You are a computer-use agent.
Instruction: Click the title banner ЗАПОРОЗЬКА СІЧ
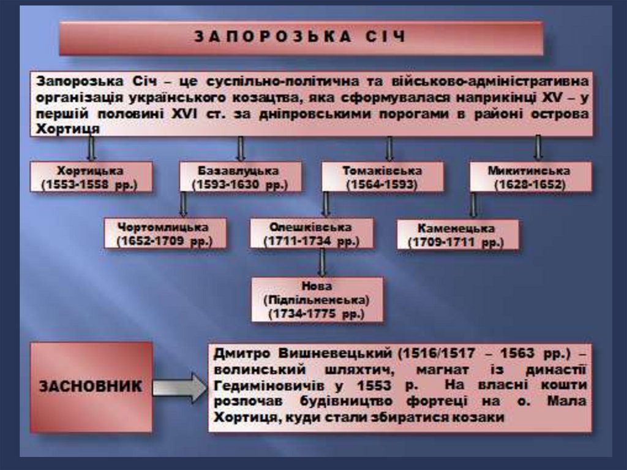(x=301, y=38)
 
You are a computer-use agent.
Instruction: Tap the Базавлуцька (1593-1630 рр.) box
(x=239, y=177)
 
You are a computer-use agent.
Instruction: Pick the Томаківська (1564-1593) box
(x=381, y=177)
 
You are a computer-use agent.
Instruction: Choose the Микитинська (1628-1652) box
(x=530, y=177)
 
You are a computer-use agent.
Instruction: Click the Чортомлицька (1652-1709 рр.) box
(x=164, y=233)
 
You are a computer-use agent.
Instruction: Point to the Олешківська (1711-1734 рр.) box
(x=311, y=233)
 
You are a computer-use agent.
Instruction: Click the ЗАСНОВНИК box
(x=91, y=387)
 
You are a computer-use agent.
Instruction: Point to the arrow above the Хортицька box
(x=91, y=148)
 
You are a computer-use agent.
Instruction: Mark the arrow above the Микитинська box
(x=538, y=148)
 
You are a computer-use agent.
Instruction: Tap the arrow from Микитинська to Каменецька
(x=473, y=205)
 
